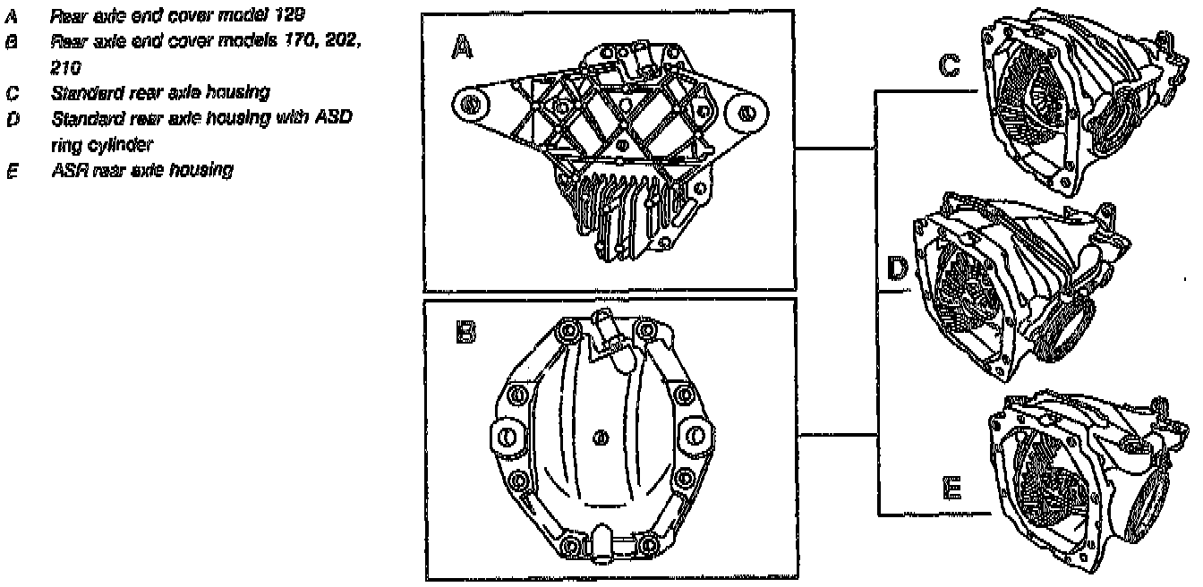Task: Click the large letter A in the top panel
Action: pyautogui.click(x=463, y=49)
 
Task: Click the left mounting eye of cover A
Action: pyautogui.click(x=468, y=105)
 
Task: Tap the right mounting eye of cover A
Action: pyautogui.click(x=746, y=112)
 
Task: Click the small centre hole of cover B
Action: pyautogui.click(x=601, y=437)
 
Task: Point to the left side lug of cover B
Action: pyautogui.click(x=506, y=438)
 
